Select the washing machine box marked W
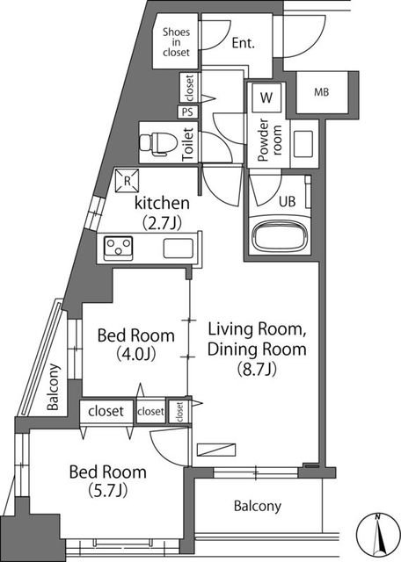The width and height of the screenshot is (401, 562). click(x=266, y=97)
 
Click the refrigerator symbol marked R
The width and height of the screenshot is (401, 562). click(x=127, y=181)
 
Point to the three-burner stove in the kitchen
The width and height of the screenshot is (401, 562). click(x=119, y=248)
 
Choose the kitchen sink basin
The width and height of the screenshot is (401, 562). click(x=179, y=248)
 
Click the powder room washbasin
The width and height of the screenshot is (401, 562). click(x=303, y=144)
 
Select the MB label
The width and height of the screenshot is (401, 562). click(x=321, y=92)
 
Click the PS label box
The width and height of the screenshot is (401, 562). click(x=186, y=112)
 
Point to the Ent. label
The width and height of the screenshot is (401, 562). click(x=243, y=43)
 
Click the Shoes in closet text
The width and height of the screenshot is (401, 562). click(x=176, y=42)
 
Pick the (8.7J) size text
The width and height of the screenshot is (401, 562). click(x=257, y=369)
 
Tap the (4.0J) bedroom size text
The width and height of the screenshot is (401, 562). click(x=135, y=354)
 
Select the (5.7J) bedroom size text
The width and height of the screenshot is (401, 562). click(x=107, y=490)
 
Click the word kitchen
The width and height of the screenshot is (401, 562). click(x=162, y=203)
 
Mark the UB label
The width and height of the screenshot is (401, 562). click(x=288, y=201)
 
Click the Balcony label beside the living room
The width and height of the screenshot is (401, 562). click(x=258, y=506)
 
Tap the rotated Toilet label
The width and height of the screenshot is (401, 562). click(x=188, y=144)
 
